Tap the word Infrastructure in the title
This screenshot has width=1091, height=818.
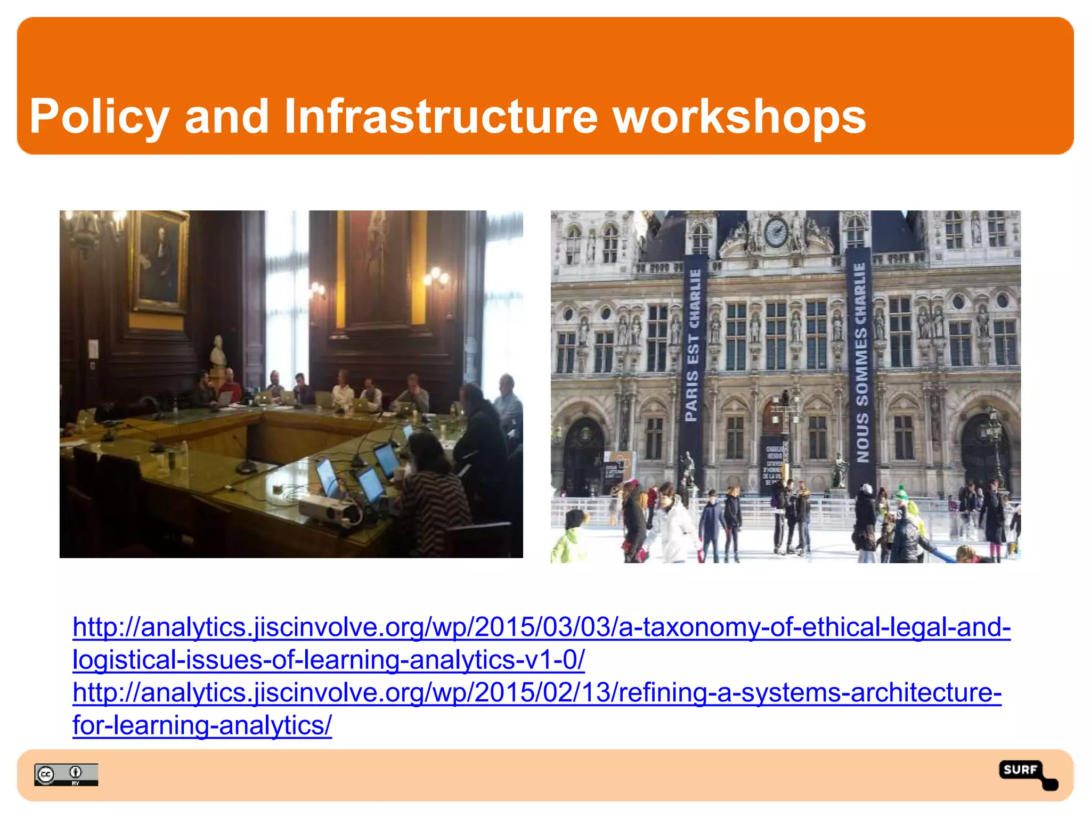(x=441, y=117)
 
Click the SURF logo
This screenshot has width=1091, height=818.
(x=1026, y=774)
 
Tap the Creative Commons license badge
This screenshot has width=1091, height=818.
(x=66, y=774)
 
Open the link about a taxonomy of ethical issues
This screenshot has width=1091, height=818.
(x=541, y=627)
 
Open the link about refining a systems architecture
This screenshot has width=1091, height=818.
(x=537, y=693)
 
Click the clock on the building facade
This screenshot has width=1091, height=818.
(x=776, y=232)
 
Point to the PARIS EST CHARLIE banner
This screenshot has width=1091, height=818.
(x=693, y=346)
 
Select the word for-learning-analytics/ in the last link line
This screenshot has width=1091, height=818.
(x=202, y=726)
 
